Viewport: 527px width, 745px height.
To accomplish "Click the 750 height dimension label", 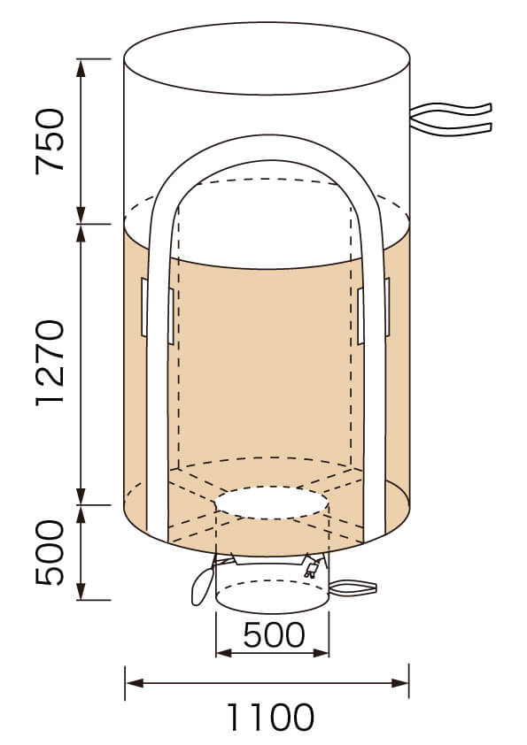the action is (50, 142).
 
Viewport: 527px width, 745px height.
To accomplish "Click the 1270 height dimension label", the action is (50, 363).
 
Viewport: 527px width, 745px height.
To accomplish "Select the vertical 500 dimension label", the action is (50, 552).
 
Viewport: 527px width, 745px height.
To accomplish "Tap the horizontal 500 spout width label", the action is (274, 634).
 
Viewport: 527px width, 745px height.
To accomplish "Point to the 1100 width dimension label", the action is (271, 717).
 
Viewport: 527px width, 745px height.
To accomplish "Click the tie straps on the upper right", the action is (451, 119).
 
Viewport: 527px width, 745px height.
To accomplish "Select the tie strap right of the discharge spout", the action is (353, 588).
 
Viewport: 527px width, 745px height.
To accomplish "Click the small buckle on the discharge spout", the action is (312, 569).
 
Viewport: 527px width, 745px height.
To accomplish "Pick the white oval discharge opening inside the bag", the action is (271, 503).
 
